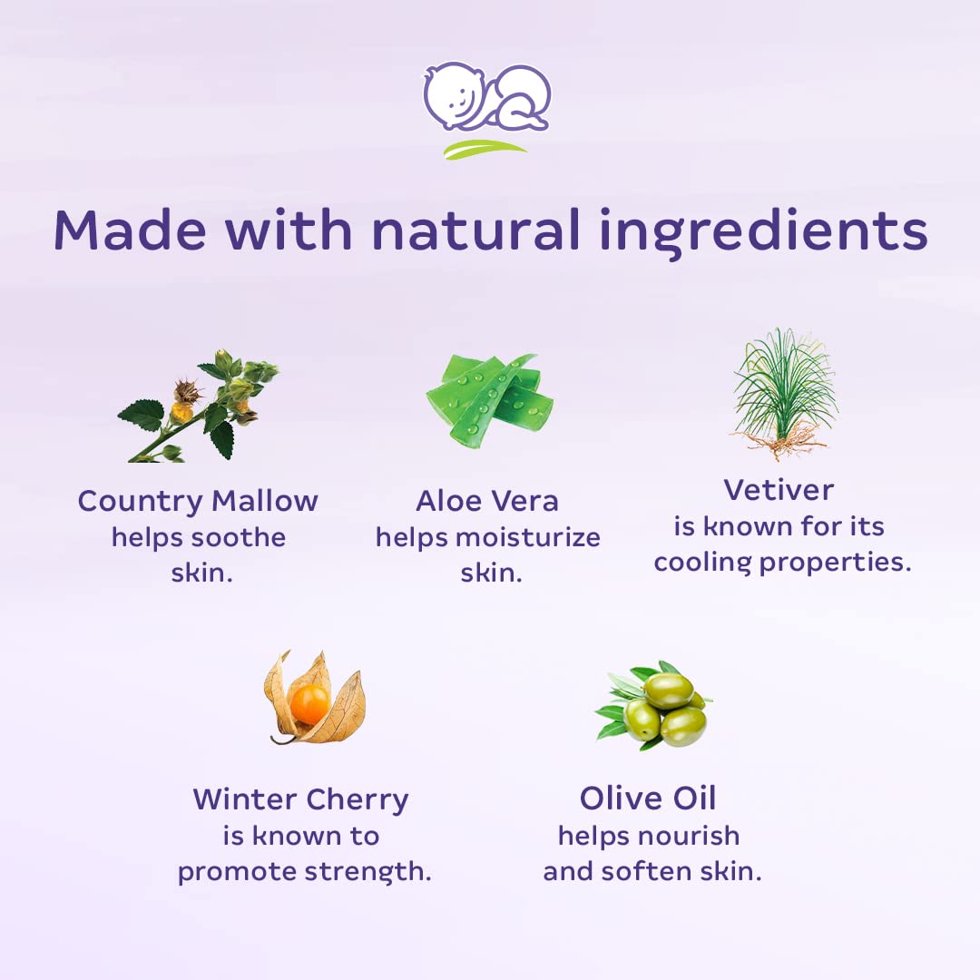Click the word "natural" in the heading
475,230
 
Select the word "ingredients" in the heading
764,232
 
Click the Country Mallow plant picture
199,406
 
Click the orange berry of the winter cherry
309,703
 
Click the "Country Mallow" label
198,501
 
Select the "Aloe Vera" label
487,501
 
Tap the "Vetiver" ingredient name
779,490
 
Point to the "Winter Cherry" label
300,799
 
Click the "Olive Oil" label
648,799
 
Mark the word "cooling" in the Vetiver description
702,563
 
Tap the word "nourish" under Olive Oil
691,836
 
